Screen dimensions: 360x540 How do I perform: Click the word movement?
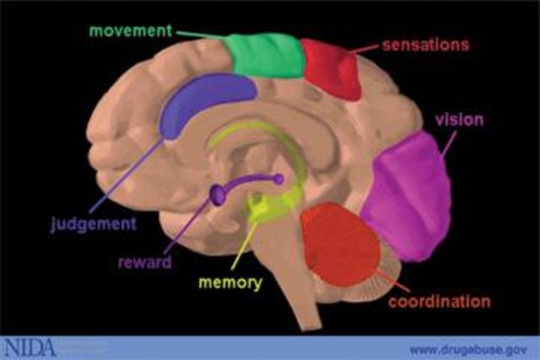click(x=130, y=31)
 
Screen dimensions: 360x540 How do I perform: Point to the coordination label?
click(x=440, y=300)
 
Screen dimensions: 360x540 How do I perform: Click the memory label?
click(x=229, y=282)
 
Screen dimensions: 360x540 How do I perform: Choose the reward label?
click(x=144, y=262)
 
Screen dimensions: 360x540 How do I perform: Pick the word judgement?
click(x=94, y=224)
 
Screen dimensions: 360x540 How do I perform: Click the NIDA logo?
click(x=29, y=347)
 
